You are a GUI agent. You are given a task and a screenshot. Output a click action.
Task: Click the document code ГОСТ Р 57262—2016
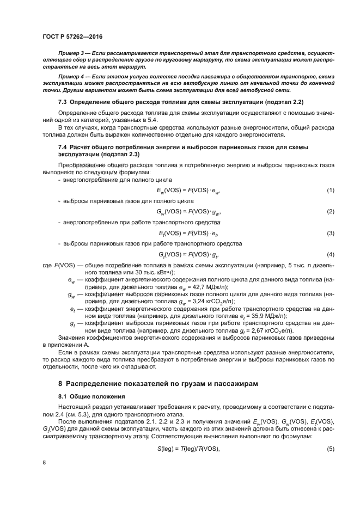(x=72, y=36)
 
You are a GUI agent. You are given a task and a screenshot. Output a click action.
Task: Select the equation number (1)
(x=330, y=189)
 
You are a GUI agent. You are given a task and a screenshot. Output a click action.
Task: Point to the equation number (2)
(x=330, y=211)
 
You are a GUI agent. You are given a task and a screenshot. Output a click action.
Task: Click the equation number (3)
(x=330, y=233)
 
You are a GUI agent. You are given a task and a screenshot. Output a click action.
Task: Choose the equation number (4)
(x=330, y=254)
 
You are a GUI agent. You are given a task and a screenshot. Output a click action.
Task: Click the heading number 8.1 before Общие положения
(x=64, y=396)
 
